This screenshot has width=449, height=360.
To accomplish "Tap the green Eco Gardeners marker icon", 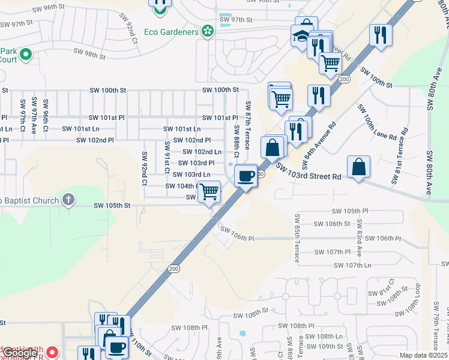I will pyautogui.click(x=208, y=30).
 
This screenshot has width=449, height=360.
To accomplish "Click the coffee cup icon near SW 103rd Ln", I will pyautogui.click(x=246, y=176).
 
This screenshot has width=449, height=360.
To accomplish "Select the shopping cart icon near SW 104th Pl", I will pyautogui.click(x=209, y=192).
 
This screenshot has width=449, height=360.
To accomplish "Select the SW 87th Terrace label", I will pyautogui.click(x=248, y=123).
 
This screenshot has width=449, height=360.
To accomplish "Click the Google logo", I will pyautogui.click(x=20, y=352).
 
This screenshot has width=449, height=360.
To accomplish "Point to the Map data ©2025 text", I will pyautogui.click(x=423, y=355).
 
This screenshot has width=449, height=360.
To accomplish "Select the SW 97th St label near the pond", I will pyautogui.click(x=235, y=20).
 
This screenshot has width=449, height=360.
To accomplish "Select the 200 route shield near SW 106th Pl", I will pyautogui.click(x=174, y=268).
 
